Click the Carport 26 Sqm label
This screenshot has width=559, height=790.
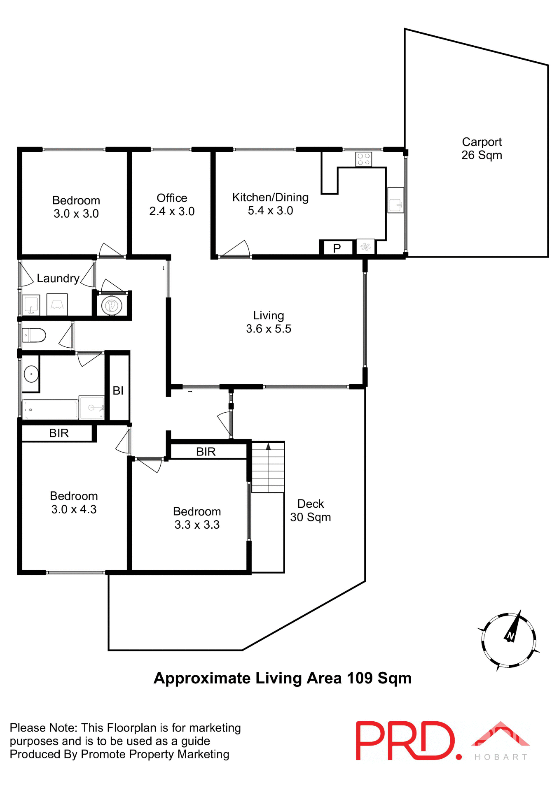point(481,149)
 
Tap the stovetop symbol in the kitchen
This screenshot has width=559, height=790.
point(363,159)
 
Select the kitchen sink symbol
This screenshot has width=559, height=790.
point(395,200)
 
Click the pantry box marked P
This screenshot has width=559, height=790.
point(337,248)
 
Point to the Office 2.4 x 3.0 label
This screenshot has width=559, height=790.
point(172,204)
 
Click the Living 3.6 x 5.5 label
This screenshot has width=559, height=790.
point(269,322)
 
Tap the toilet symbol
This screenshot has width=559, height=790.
point(34,335)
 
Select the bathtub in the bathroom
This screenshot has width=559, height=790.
point(50,409)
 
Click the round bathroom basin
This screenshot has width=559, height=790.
point(31,374)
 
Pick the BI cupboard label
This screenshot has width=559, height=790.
point(118,390)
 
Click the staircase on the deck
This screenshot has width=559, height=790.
point(268,467)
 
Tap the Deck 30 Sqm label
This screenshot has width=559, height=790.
point(311,510)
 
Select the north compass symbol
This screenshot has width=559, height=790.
point(509,640)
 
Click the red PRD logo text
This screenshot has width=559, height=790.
point(406,741)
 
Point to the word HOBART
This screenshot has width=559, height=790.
point(501,757)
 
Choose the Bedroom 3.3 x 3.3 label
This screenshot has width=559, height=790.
point(197,518)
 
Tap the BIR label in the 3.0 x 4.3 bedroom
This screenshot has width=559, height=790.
point(58,433)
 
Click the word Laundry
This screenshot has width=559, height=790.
point(58,279)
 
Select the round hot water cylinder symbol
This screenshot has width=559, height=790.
point(112,306)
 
